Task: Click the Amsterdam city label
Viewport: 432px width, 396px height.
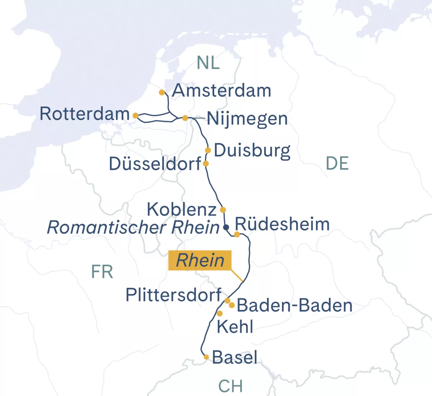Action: (221, 91)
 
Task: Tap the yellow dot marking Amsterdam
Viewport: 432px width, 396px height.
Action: (162, 93)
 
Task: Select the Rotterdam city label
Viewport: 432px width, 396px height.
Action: (85, 114)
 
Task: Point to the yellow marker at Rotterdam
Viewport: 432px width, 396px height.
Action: (135, 116)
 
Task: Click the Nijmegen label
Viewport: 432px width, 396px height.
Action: (247, 119)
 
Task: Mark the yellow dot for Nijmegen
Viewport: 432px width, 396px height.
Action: (185, 118)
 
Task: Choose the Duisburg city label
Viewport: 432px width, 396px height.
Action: (252, 150)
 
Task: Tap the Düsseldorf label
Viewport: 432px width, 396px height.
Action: (155, 164)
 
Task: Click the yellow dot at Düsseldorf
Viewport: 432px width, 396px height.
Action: (206, 164)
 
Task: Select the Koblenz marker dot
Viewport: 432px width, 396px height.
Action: (223, 210)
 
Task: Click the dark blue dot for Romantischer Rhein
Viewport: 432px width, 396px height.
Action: (226, 227)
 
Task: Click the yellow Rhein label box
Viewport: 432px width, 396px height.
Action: (200, 260)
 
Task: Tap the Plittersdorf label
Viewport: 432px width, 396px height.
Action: (173, 295)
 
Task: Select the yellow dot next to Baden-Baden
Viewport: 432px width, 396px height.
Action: (232, 305)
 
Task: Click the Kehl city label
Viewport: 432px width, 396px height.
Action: (235, 327)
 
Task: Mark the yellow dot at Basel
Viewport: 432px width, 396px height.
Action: (206, 357)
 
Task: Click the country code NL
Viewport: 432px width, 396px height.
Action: (208, 63)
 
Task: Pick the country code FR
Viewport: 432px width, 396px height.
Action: (102, 272)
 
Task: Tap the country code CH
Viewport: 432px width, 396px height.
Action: (230, 386)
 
